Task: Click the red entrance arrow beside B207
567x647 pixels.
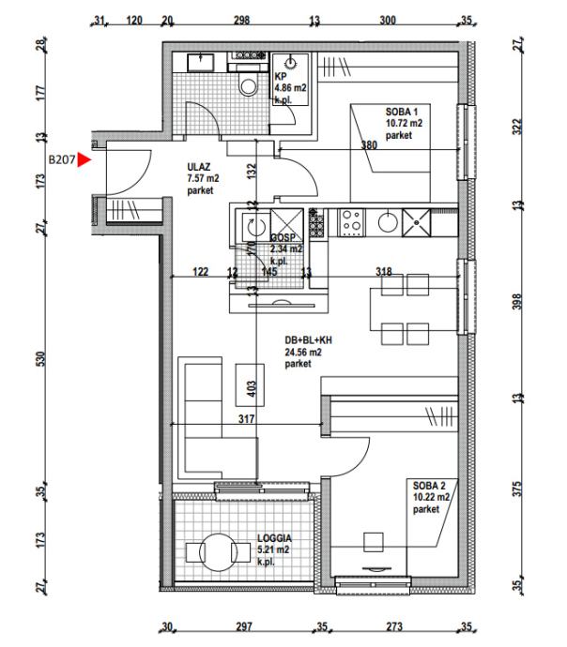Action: [84, 160]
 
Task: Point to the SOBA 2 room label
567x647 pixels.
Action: [429, 486]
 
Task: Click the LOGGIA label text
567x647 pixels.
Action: [274, 539]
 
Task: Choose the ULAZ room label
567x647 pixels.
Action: [196, 168]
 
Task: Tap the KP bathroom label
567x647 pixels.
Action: [280, 78]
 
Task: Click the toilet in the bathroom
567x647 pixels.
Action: [249, 85]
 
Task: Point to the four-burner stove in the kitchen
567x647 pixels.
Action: [352, 223]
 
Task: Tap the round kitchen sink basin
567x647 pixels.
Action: [386, 223]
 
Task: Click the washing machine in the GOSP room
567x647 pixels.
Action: [251, 225]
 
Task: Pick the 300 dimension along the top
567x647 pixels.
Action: [387, 21]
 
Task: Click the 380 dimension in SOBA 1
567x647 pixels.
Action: [370, 144]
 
